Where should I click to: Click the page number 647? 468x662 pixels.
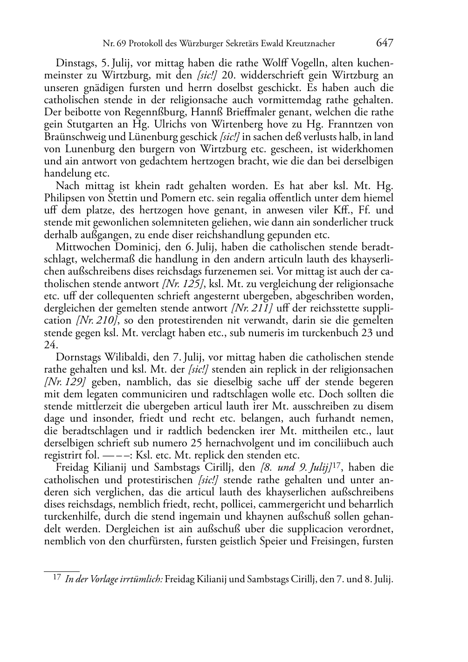pyautogui.click(x=385, y=43)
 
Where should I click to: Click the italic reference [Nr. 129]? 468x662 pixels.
pyautogui.click(x=64, y=382)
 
